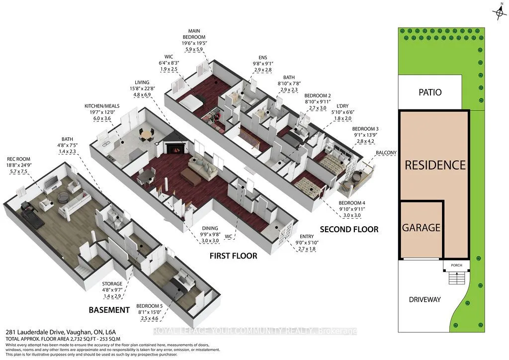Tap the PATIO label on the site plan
[429, 92]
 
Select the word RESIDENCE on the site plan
[434, 165]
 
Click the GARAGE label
[422, 228]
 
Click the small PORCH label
[456, 266]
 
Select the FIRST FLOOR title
[233, 256]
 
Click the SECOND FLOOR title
[349, 229]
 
